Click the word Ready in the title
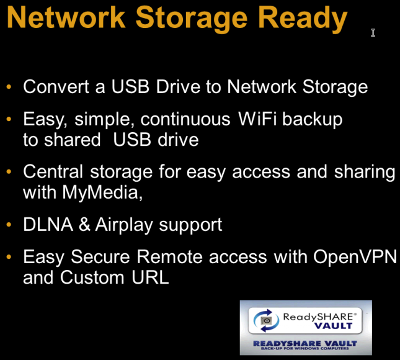[303, 19]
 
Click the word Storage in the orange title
[192, 19]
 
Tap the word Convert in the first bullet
[56, 86]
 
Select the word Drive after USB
[179, 86]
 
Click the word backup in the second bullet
[313, 120]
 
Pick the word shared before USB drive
[73, 140]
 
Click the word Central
[53, 171]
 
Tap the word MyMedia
[102, 193]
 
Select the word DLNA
[48, 225]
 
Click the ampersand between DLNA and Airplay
[84, 225]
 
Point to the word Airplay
[124, 225]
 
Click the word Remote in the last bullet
[170, 256]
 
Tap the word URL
[150, 277]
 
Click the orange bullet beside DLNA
[9, 225]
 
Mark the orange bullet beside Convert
[9, 87]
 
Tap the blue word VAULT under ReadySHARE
[333, 326]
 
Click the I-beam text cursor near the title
[373, 33]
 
